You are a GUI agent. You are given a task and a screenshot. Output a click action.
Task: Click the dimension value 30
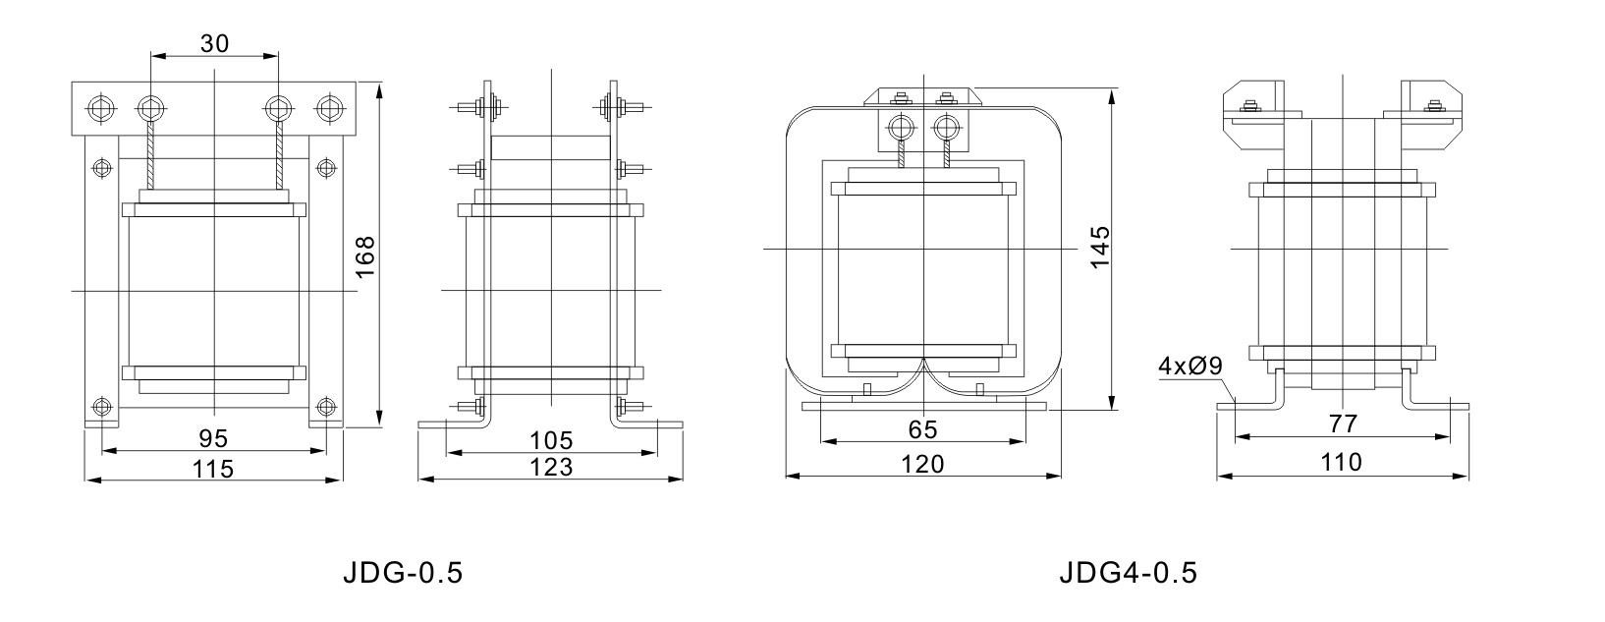point(214,43)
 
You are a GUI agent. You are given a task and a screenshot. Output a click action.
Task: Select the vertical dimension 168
point(365,257)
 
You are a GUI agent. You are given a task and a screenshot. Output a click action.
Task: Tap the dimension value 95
point(213,438)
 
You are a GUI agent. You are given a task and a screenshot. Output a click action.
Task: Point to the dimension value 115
point(213,469)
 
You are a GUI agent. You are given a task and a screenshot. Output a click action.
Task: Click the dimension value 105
point(551,440)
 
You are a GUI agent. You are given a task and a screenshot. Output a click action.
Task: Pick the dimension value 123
point(551,467)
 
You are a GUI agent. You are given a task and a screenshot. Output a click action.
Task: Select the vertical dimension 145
point(1100,248)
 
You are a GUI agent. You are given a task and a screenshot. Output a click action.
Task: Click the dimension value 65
point(922,429)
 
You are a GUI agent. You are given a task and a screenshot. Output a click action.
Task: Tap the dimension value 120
point(922,464)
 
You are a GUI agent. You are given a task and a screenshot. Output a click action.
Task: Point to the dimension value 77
point(1343,424)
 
